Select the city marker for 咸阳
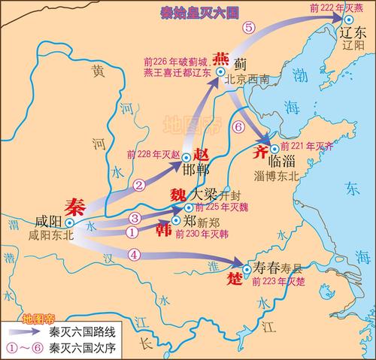[69, 223]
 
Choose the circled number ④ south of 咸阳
[135, 254]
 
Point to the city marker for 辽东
[348, 20]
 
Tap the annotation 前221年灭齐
[305, 147]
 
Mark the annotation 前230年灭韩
[202, 234]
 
